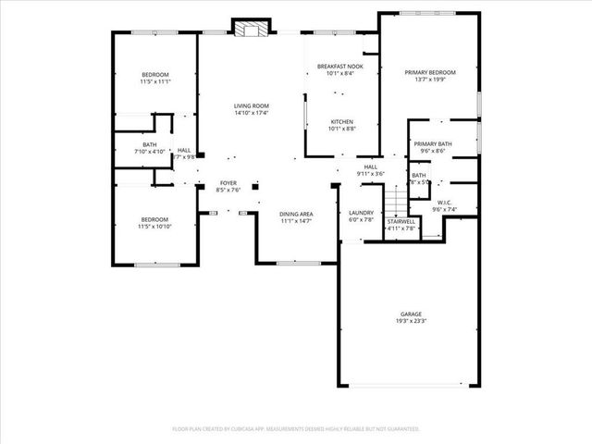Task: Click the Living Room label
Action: coord(250,106)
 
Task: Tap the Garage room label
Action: coord(412,314)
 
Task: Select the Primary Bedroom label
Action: coord(431,72)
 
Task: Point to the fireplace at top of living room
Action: coord(249,29)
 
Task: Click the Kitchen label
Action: coord(342,121)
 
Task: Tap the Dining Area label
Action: coord(296,214)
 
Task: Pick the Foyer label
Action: coord(228,183)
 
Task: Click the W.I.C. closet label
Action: coord(445,203)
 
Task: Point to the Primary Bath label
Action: coord(432,143)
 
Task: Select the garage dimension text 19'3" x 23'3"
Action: coord(412,321)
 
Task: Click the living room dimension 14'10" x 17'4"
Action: coord(250,114)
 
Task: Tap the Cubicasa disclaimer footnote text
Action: coord(296,429)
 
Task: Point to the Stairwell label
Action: coord(401,221)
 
